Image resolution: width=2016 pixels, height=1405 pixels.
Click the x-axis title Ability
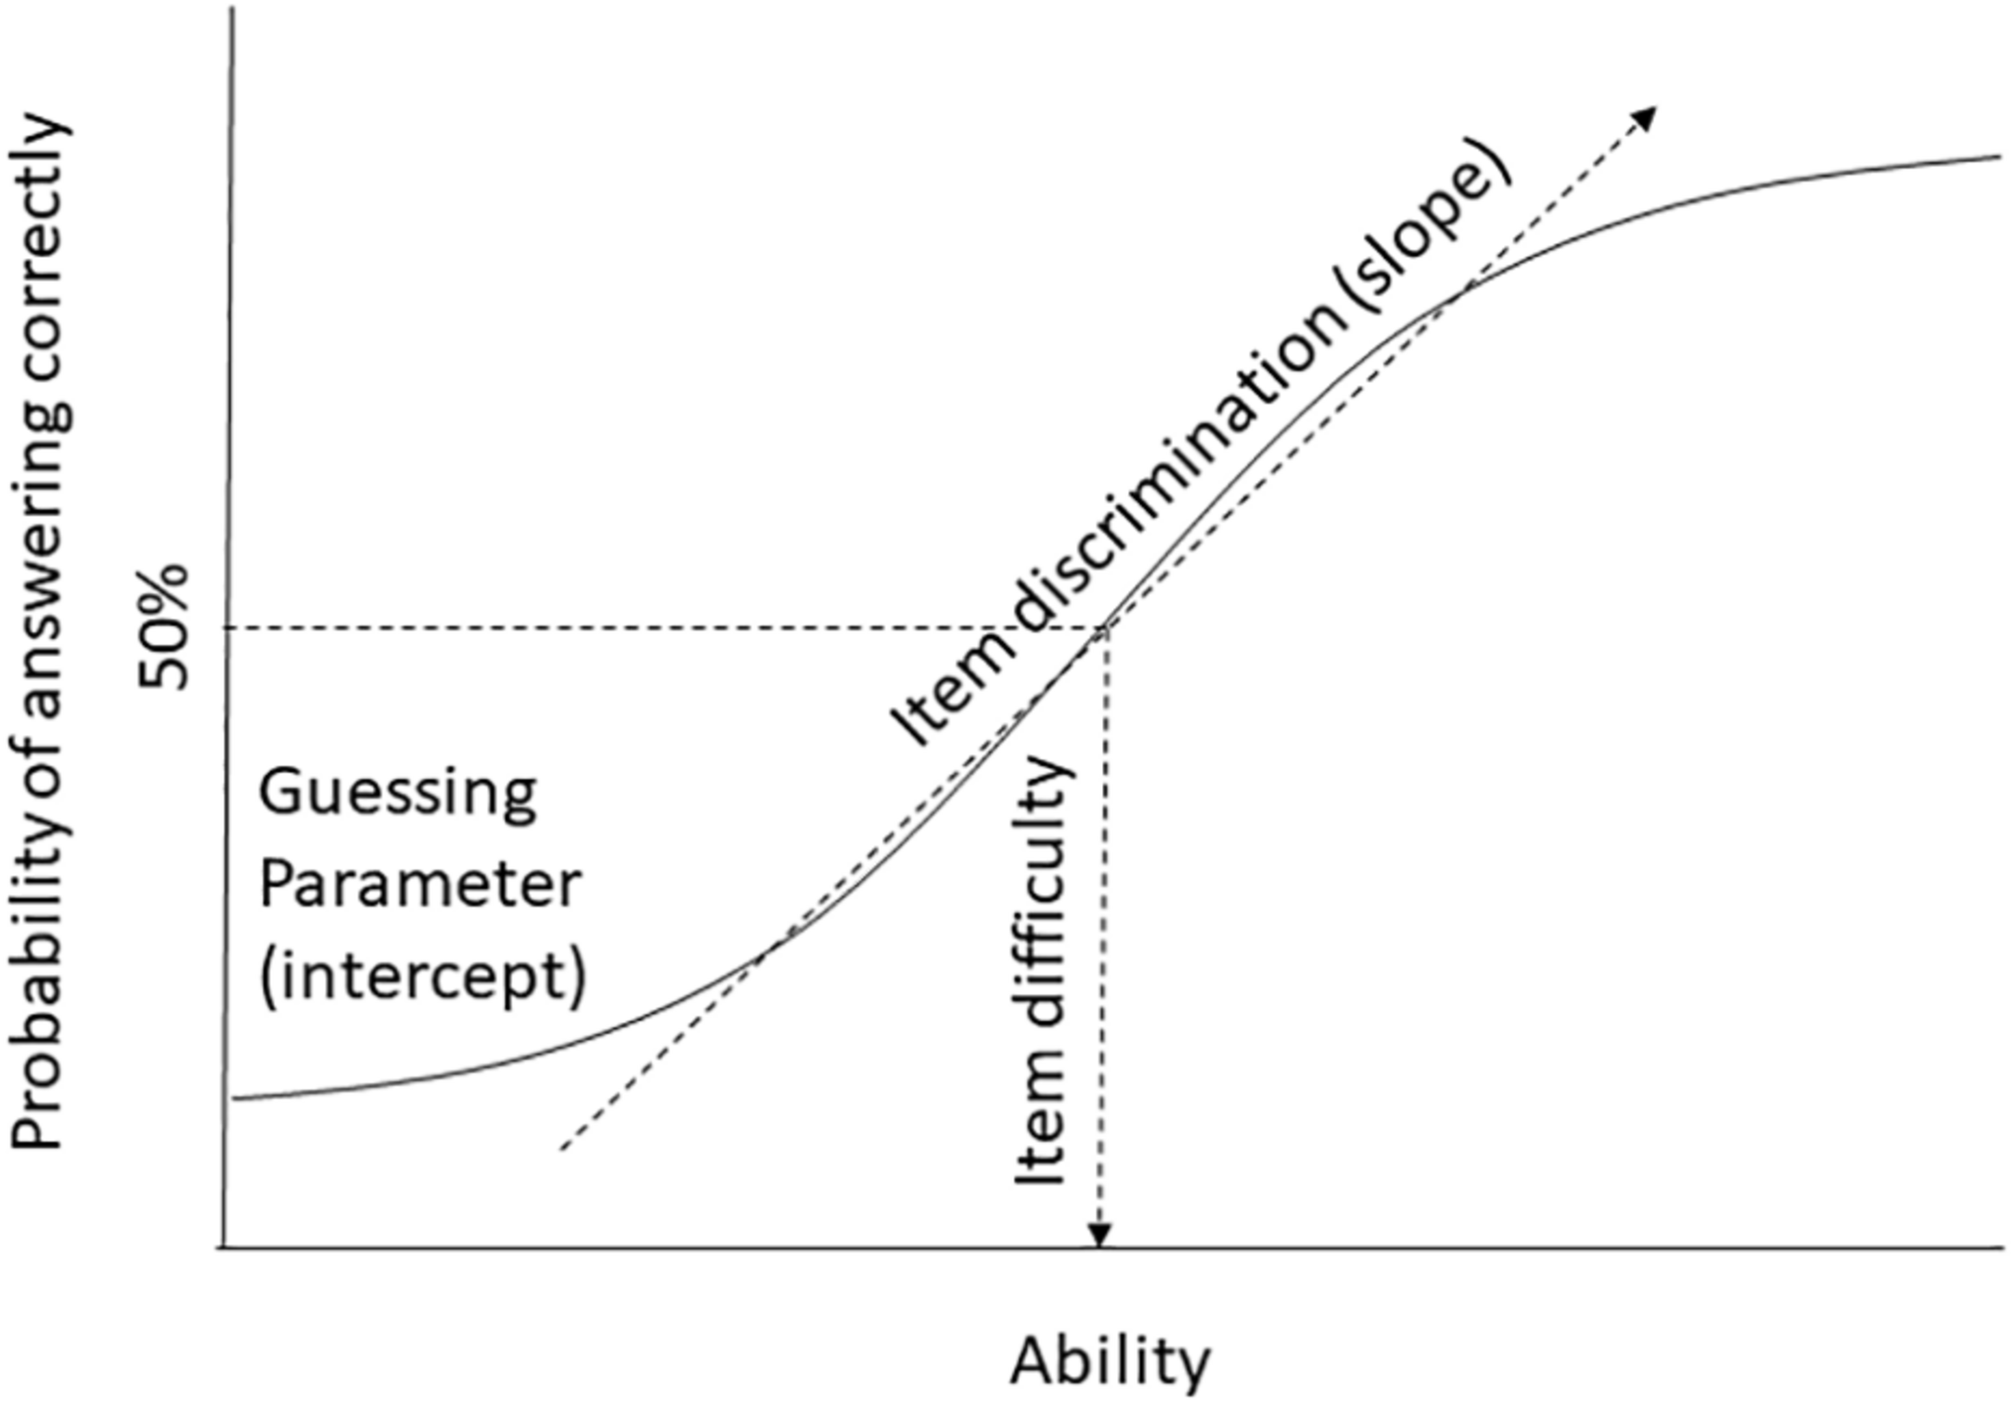[1111, 1361]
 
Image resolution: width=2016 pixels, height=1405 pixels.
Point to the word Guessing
[397, 795]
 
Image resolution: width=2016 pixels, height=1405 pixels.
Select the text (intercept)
[422, 976]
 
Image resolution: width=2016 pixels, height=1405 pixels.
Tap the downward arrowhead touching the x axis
[1099, 1237]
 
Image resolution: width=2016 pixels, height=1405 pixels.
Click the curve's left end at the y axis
[235, 1099]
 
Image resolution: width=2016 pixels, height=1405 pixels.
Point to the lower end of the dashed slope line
[562, 1150]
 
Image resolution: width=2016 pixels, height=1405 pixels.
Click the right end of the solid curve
[1998, 157]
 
